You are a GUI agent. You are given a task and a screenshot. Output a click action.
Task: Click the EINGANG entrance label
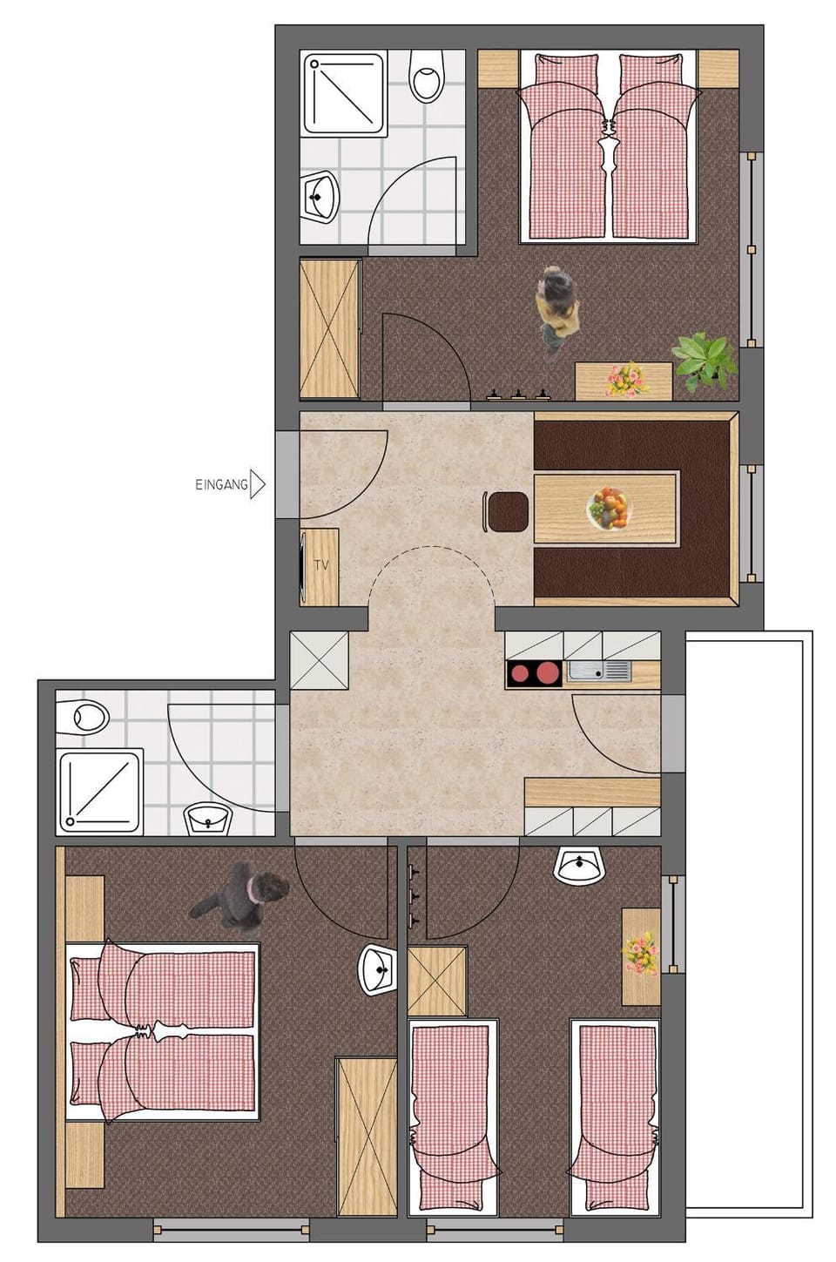pyautogui.click(x=221, y=484)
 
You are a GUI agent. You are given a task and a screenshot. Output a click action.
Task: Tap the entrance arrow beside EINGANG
pyautogui.click(x=257, y=484)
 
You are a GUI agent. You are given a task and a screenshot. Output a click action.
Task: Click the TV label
pyautogui.click(x=321, y=565)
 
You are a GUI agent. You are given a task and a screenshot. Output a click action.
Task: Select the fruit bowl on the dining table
pyautogui.click(x=609, y=509)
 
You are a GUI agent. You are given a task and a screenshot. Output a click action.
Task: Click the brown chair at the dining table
pyautogui.click(x=508, y=511)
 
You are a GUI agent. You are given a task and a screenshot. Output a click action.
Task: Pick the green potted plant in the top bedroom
pyautogui.click(x=703, y=359)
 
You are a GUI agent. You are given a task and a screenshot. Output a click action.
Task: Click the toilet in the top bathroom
pyautogui.click(x=427, y=76)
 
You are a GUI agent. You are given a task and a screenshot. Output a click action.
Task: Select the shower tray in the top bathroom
pyautogui.click(x=344, y=93)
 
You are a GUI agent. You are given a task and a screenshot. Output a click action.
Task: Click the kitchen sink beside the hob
pyautogui.click(x=599, y=671)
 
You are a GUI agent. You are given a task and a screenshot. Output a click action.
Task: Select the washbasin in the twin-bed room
pyautogui.click(x=579, y=866)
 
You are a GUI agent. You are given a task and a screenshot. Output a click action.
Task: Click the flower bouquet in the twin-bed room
pyautogui.click(x=640, y=954)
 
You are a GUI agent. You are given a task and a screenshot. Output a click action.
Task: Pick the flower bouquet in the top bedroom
pyautogui.click(x=625, y=380)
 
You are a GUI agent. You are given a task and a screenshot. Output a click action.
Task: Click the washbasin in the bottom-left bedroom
pyautogui.click(x=377, y=969)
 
